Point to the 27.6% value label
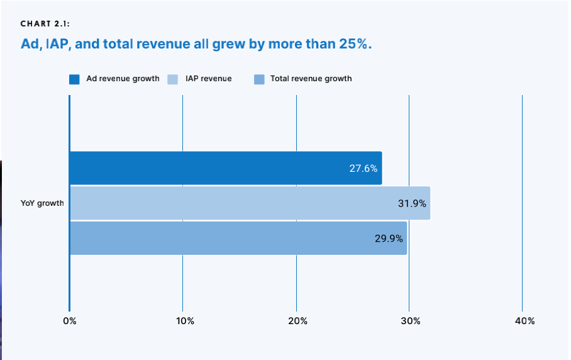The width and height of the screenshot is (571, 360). [x=363, y=169]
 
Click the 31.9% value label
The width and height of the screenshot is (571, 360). [x=412, y=203]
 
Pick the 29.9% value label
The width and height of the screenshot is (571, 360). [x=389, y=239]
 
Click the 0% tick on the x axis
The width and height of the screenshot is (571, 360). [x=69, y=321]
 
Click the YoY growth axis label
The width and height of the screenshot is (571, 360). [x=42, y=203]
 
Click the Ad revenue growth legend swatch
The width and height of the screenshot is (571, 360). [x=74, y=79]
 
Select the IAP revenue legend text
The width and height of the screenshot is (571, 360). [x=208, y=79]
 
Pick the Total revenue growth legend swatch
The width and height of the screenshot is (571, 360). [x=259, y=79]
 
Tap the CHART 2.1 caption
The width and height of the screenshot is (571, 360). [x=45, y=25]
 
